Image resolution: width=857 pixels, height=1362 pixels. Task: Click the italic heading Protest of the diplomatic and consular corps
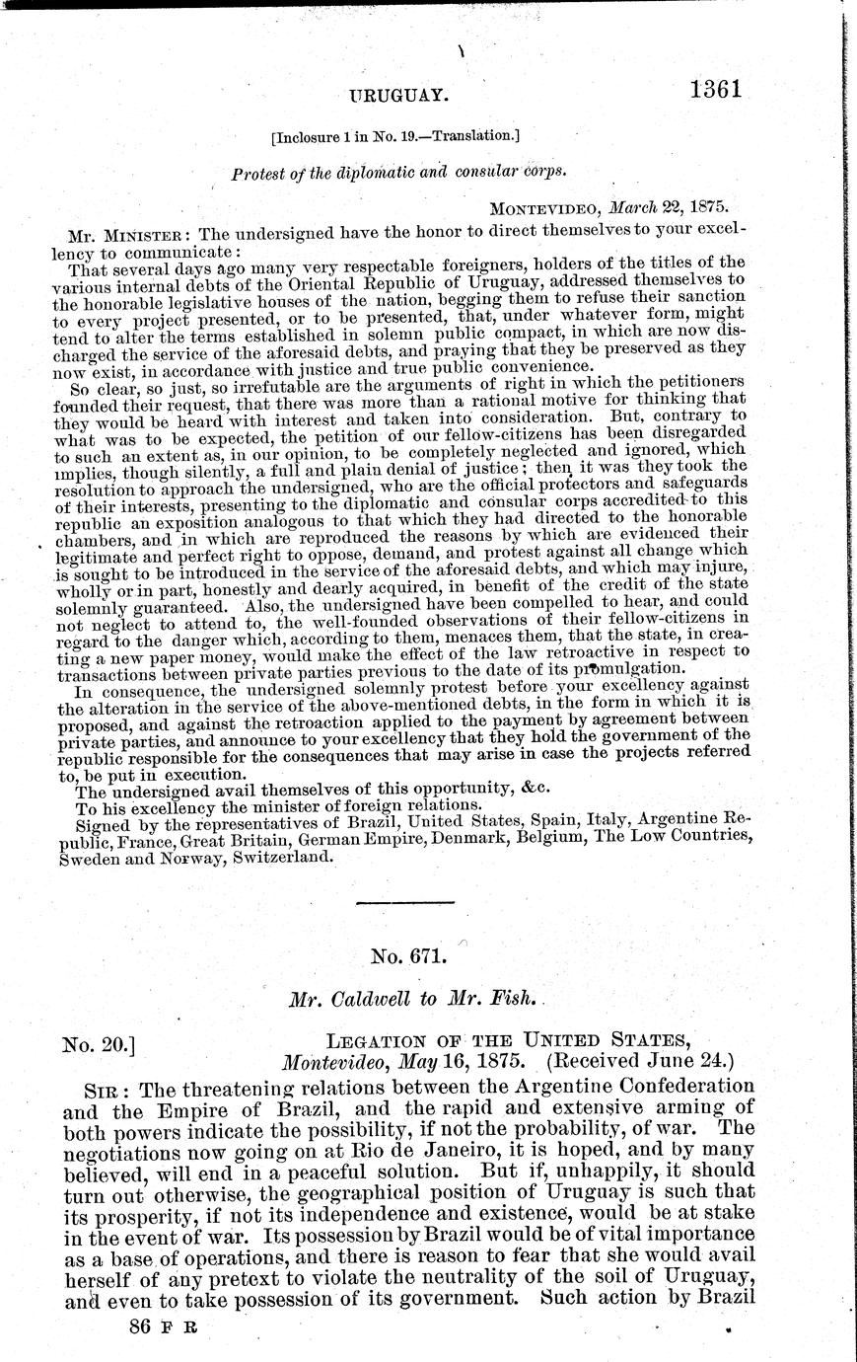pos(399,174)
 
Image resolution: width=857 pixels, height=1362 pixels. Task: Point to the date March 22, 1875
pos(666,208)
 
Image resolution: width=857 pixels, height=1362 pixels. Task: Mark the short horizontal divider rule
pos(403,902)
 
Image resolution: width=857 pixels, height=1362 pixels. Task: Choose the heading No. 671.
pos(409,955)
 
